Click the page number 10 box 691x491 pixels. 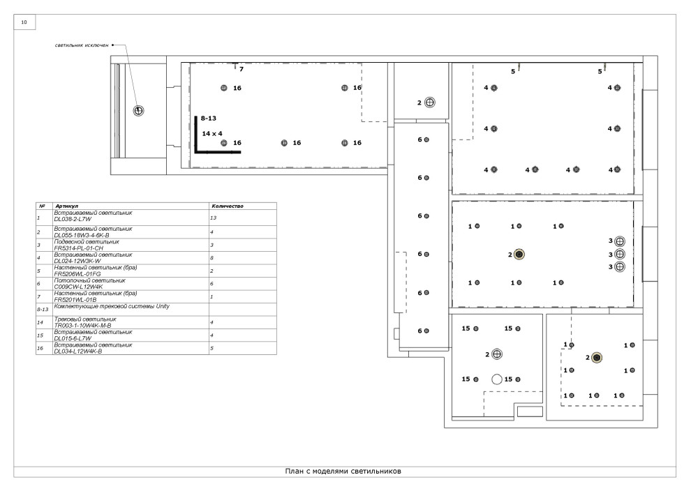pos(24,22)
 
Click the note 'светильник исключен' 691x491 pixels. pos(82,45)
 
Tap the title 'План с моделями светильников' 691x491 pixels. pos(343,471)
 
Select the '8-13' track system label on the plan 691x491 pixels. pos(209,118)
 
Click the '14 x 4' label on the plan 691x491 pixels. pos(212,133)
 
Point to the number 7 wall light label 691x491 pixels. pos(241,69)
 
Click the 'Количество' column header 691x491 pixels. pos(228,206)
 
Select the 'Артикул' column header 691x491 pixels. pos(66,206)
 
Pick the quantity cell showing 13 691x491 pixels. pos(243,218)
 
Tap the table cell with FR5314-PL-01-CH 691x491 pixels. pos(131,245)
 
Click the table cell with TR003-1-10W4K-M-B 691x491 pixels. pos(131,322)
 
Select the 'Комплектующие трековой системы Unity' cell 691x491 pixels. pos(131,309)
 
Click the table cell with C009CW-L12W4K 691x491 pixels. pos(131,284)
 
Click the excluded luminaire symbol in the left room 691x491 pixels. pos(138,110)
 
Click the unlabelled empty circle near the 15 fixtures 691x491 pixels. pos(497,379)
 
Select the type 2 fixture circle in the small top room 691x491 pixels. pos(430,103)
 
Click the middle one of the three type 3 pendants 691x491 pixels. pos(620,254)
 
